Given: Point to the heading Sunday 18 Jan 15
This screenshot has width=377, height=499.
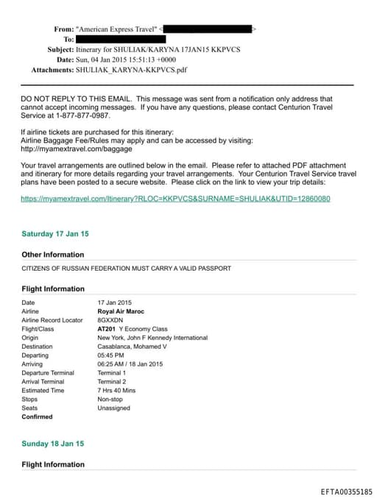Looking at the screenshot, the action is click(x=53, y=444).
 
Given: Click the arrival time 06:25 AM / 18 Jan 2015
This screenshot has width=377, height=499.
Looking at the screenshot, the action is click(x=130, y=364).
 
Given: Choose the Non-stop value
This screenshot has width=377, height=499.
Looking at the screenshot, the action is click(x=111, y=399).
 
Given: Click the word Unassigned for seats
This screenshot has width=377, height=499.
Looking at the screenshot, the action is click(x=115, y=408).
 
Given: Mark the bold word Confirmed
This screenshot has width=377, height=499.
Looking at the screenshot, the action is click(x=37, y=417).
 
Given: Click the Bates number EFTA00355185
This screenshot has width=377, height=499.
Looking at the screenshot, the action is click(x=347, y=491).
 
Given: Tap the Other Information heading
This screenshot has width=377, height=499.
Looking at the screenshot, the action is click(x=53, y=255).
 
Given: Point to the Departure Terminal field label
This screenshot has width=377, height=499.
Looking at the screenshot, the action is click(x=48, y=372).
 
